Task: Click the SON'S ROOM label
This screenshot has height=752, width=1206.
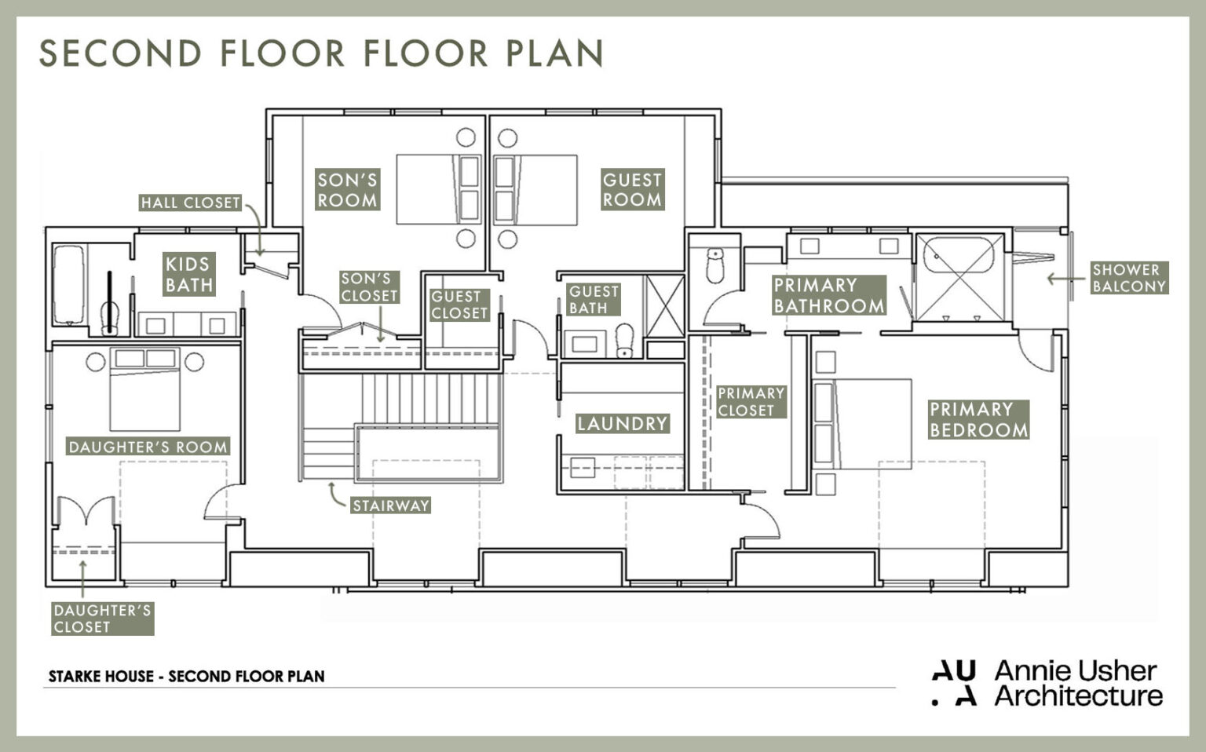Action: (x=347, y=190)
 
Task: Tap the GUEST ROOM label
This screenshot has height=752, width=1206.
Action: (x=632, y=190)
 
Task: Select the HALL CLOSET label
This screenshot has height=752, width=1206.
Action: (x=190, y=203)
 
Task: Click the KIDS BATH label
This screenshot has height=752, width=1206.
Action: (x=189, y=274)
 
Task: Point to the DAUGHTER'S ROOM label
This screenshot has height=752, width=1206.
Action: (x=148, y=447)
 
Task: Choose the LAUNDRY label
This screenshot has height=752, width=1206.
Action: (x=622, y=424)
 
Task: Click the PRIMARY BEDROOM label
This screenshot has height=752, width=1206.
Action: (x=978, y=419)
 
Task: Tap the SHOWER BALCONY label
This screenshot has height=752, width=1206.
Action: (x=1128, y=278)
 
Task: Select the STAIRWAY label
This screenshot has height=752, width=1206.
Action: (x=390, y=506)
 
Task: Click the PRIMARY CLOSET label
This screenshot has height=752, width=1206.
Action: (x=751, y=401)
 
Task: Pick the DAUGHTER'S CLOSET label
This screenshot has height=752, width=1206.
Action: (x=102, y=619)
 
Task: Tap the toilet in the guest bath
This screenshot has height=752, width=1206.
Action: (x=625, y=340)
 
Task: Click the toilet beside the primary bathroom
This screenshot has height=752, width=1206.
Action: (x=714, y=266)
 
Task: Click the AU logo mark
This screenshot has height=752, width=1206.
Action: (x=954, y=683)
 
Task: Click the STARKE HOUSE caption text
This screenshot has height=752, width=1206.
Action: (x=186, y=676)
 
